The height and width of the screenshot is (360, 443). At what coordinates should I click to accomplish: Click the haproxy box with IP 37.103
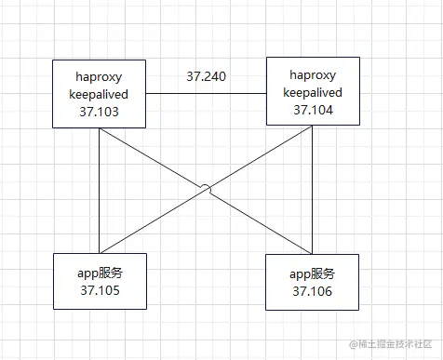point(100,94)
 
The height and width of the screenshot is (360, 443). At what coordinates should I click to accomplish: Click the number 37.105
point(100,291)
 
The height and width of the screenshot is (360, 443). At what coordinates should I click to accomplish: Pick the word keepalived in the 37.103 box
point(100,94)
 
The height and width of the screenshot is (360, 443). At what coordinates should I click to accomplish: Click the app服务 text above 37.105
point(100,273)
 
